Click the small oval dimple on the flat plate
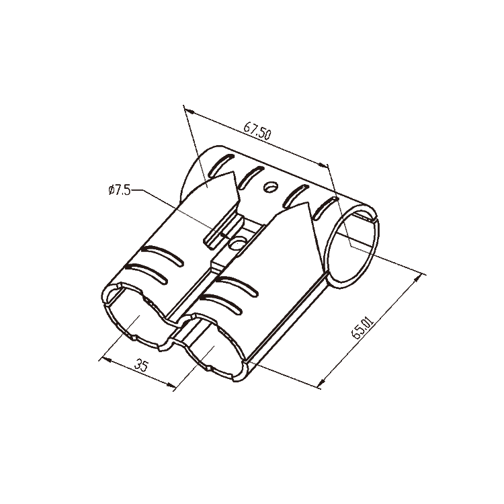[x=272, y=187]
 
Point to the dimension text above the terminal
[x=256, y=132]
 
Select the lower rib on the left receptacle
[x=151, y=269]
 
